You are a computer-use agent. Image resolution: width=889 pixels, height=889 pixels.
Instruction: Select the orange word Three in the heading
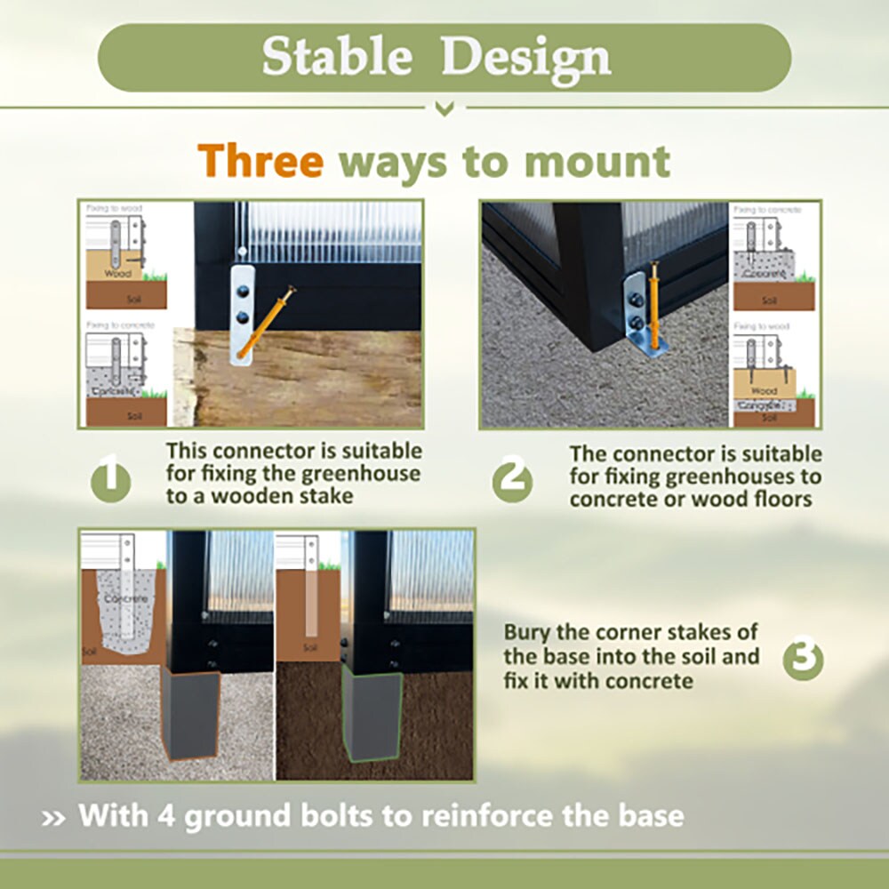point(260,162)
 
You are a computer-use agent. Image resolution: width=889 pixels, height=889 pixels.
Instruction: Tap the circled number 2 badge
point(513,481)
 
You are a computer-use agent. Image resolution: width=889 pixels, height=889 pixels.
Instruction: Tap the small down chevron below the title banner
point(444,109)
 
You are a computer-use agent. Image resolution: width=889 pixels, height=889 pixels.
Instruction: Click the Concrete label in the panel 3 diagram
point(124,598)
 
